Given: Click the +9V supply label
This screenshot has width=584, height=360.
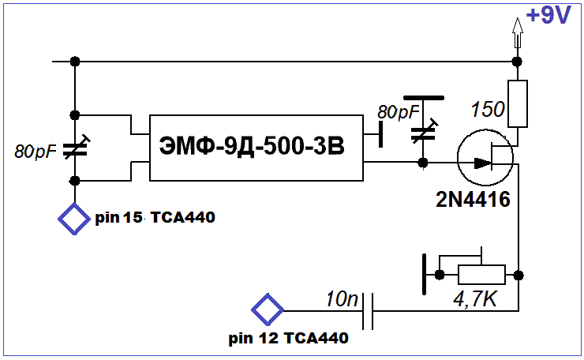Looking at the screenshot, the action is pyautogui.click(x=548, y=16).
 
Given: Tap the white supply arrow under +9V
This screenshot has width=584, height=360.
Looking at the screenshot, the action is pyautogui.click(x=517, y=33).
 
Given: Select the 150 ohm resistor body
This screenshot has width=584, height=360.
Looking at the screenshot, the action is pyautogui.click(x=518, y=103).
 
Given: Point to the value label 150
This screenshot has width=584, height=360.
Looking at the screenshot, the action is pyautogui.click(x=488, y=109).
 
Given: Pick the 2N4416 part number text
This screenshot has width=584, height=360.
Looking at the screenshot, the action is pyautogui.click(x=473, y=200).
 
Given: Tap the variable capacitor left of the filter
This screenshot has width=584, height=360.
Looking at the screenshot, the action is pyautogui.click(x=75, y=148).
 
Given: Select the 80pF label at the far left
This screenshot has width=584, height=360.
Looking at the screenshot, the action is pyautogui.click(x=36, y=152).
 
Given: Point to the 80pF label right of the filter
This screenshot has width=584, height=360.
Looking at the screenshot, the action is pyautogui.click(x=399, y=112).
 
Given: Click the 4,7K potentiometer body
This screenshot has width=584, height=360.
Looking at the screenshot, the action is pyautogui.click(x=481, y=275).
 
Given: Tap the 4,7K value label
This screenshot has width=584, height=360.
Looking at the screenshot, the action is pyautogui.click(x=475, y=298).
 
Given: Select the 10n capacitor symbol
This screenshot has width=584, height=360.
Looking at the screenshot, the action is pyautogui.click(x=368, y=311).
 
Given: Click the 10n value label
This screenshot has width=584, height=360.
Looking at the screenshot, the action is pyautogui.click(x=342, y=299).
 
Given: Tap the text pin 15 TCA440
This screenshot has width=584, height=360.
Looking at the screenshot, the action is pyautogui.click(x=155, y=217).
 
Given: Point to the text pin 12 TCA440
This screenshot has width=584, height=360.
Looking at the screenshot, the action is pyautogui.click(x=288, y=338).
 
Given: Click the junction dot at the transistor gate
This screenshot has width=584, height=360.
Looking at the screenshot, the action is pyautogui.click(x=423, y=163).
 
